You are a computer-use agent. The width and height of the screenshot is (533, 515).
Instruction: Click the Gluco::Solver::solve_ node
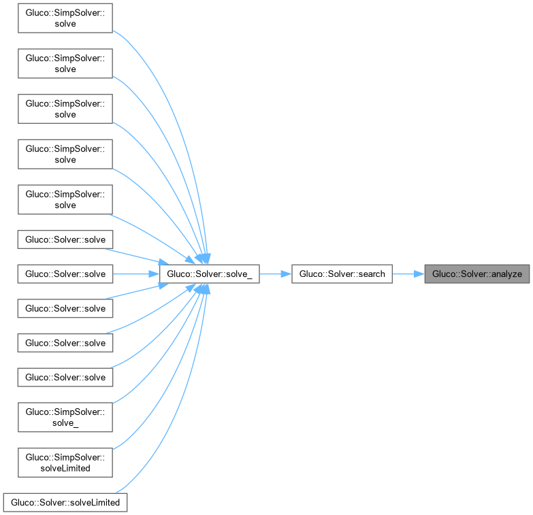(x=208, y=274)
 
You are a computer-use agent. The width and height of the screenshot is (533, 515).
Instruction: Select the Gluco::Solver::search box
(x=342, y=274)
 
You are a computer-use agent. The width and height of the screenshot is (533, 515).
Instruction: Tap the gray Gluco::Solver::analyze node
(x=477, y=274)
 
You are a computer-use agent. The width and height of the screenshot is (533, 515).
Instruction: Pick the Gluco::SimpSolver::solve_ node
(x=65, y=416)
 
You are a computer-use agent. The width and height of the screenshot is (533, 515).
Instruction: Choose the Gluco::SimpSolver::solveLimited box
(x=65, y=461)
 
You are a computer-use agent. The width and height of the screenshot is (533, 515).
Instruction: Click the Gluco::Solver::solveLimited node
(x=65, y=503)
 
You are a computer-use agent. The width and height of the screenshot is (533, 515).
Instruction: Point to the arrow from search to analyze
(x=408, y=274)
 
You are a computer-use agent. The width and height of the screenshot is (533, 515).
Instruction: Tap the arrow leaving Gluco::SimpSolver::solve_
(x=150, y=381)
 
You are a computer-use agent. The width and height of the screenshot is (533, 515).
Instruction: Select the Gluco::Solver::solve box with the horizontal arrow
(x=65, y=274)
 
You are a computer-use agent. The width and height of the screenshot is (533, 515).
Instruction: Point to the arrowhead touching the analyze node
(x=419, y=274)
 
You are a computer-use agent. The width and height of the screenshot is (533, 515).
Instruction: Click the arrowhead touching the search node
(x=286, y=274)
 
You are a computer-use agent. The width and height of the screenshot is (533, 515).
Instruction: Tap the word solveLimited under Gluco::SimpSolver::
(x=65, y=467)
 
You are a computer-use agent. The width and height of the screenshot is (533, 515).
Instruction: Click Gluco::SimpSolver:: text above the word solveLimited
(x=65, y=456)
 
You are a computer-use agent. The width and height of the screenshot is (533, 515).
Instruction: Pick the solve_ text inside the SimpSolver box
(x=65, y=422)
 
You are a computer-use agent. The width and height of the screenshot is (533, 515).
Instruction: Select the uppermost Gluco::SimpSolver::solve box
(x=65, y=18)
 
